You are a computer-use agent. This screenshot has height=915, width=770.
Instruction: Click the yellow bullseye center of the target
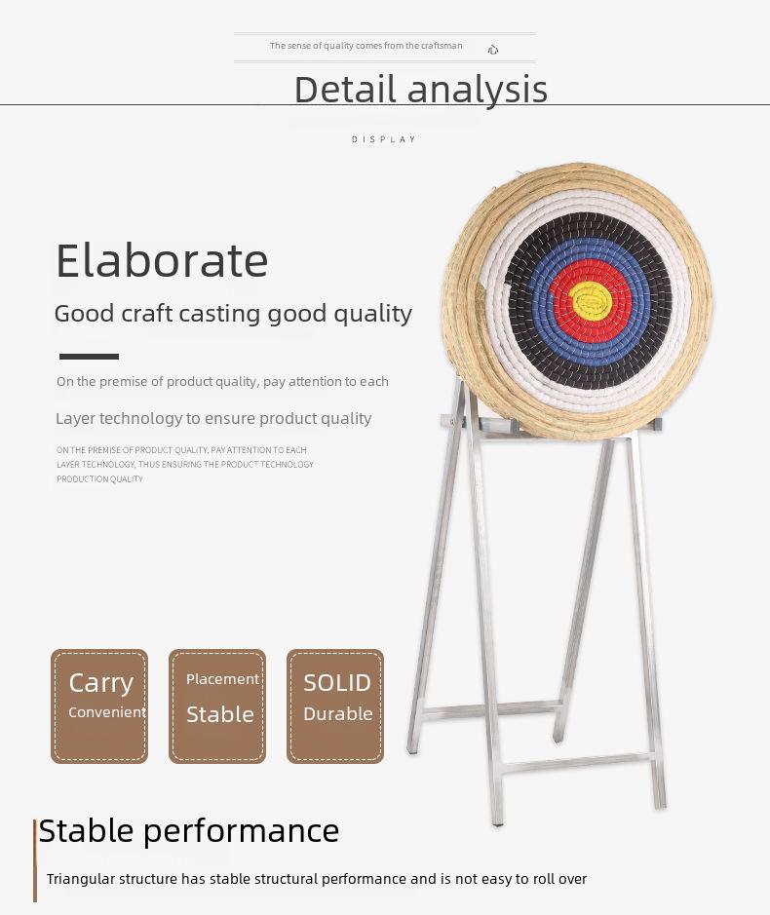pos(591,300)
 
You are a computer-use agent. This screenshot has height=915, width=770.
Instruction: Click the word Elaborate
pos(162,261)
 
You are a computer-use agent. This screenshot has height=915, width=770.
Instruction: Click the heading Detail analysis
pos(421,90)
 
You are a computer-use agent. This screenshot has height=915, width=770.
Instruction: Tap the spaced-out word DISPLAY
pos(384,139)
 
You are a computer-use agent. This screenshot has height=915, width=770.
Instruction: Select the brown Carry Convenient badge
pos(99,706)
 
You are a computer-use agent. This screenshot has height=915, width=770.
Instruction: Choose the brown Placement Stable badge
pos(217,706)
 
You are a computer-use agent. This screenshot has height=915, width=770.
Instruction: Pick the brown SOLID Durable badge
pos(335,706)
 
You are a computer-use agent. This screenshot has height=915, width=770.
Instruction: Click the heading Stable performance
pos(188,831)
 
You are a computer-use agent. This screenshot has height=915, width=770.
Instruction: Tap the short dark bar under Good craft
pos(89,357)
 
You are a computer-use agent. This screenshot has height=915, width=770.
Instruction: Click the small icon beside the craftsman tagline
pos(493,50)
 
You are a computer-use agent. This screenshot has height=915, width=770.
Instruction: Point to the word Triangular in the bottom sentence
pos(82,879)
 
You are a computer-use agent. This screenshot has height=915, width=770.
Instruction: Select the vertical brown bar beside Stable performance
pos(35,860)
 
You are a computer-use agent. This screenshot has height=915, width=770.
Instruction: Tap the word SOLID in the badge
pos(337,683)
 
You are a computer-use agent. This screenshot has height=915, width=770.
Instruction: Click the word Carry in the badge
pos(101,683)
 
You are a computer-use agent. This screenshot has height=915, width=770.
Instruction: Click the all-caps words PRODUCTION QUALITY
pos(99,479)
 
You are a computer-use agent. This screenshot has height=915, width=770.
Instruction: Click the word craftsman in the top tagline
pos(442,46)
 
